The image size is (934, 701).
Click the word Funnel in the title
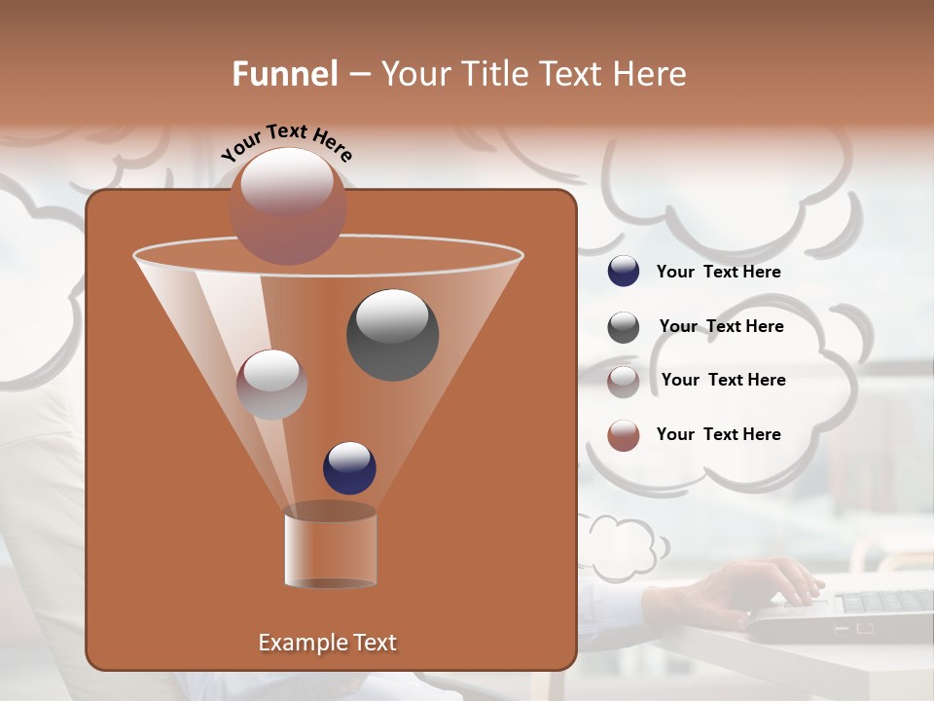tap(285, 74)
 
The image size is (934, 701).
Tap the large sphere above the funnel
tap(287, 205)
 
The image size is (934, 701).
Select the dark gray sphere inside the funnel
tap(392, 334)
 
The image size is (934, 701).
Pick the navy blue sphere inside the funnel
tap(349, 467)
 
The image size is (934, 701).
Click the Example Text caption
tap(328, 643)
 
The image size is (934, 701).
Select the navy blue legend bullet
tap(624, 272)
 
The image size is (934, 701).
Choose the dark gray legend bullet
tap(624, 327)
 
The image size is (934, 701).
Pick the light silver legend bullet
tap(624, 381)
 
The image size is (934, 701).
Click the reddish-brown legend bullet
tap(624, 435)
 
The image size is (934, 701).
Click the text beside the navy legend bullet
tap(719, 273)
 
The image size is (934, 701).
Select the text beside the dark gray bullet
tap(721, 327)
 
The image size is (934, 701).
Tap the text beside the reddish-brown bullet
tap(719, 434)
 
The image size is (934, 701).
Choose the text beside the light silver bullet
tap(723, 380)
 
